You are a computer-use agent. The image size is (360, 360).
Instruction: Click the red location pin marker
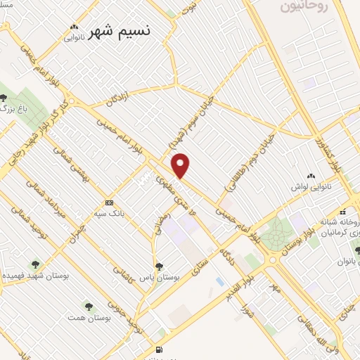[181, 165]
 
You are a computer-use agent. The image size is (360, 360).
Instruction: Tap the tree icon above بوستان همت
[89, 306]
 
